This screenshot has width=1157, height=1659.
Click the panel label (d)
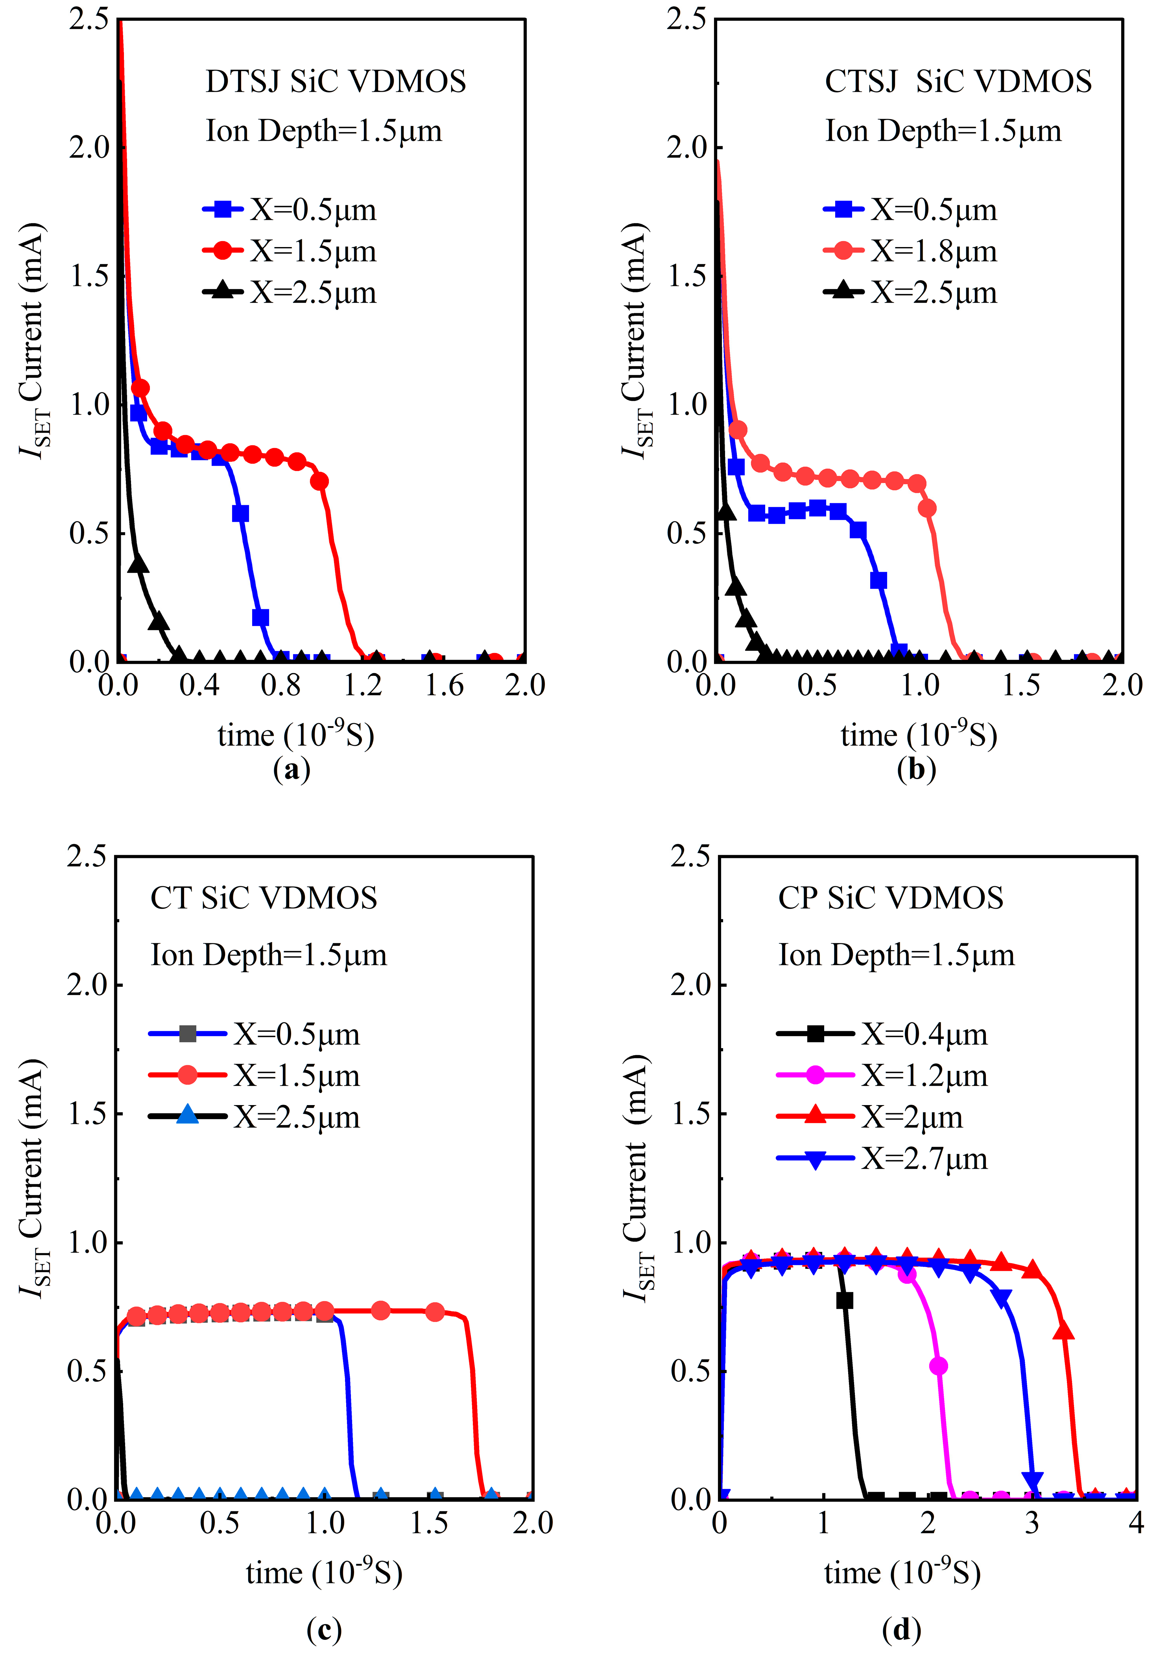coord(901,1629)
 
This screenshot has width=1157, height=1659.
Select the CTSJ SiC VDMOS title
coord(958,82)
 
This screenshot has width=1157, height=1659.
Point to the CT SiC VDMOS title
coord(264,898)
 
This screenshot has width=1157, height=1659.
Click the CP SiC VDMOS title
coord(890,898)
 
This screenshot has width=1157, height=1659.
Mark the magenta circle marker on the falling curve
coord(938,1366)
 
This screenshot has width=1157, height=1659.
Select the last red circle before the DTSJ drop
coord(320,481)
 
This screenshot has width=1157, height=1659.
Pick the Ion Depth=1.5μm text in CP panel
coord(896,955)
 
